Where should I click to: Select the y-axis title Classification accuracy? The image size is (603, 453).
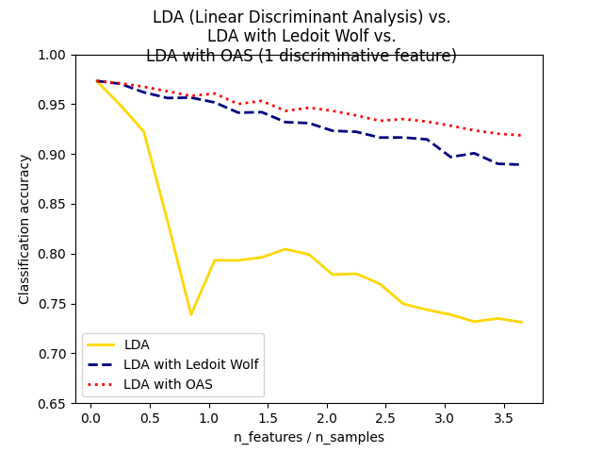[24, 229]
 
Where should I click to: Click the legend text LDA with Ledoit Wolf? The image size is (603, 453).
[190, 364]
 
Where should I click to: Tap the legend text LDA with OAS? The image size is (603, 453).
[168, 384]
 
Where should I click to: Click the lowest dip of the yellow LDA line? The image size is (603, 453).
[190, 314]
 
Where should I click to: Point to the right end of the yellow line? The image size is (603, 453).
[521, 322]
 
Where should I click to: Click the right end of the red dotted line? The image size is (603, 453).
[521, 135]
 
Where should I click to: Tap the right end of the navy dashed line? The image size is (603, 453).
[521, 164]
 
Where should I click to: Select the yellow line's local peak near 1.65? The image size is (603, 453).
[285, 249]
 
